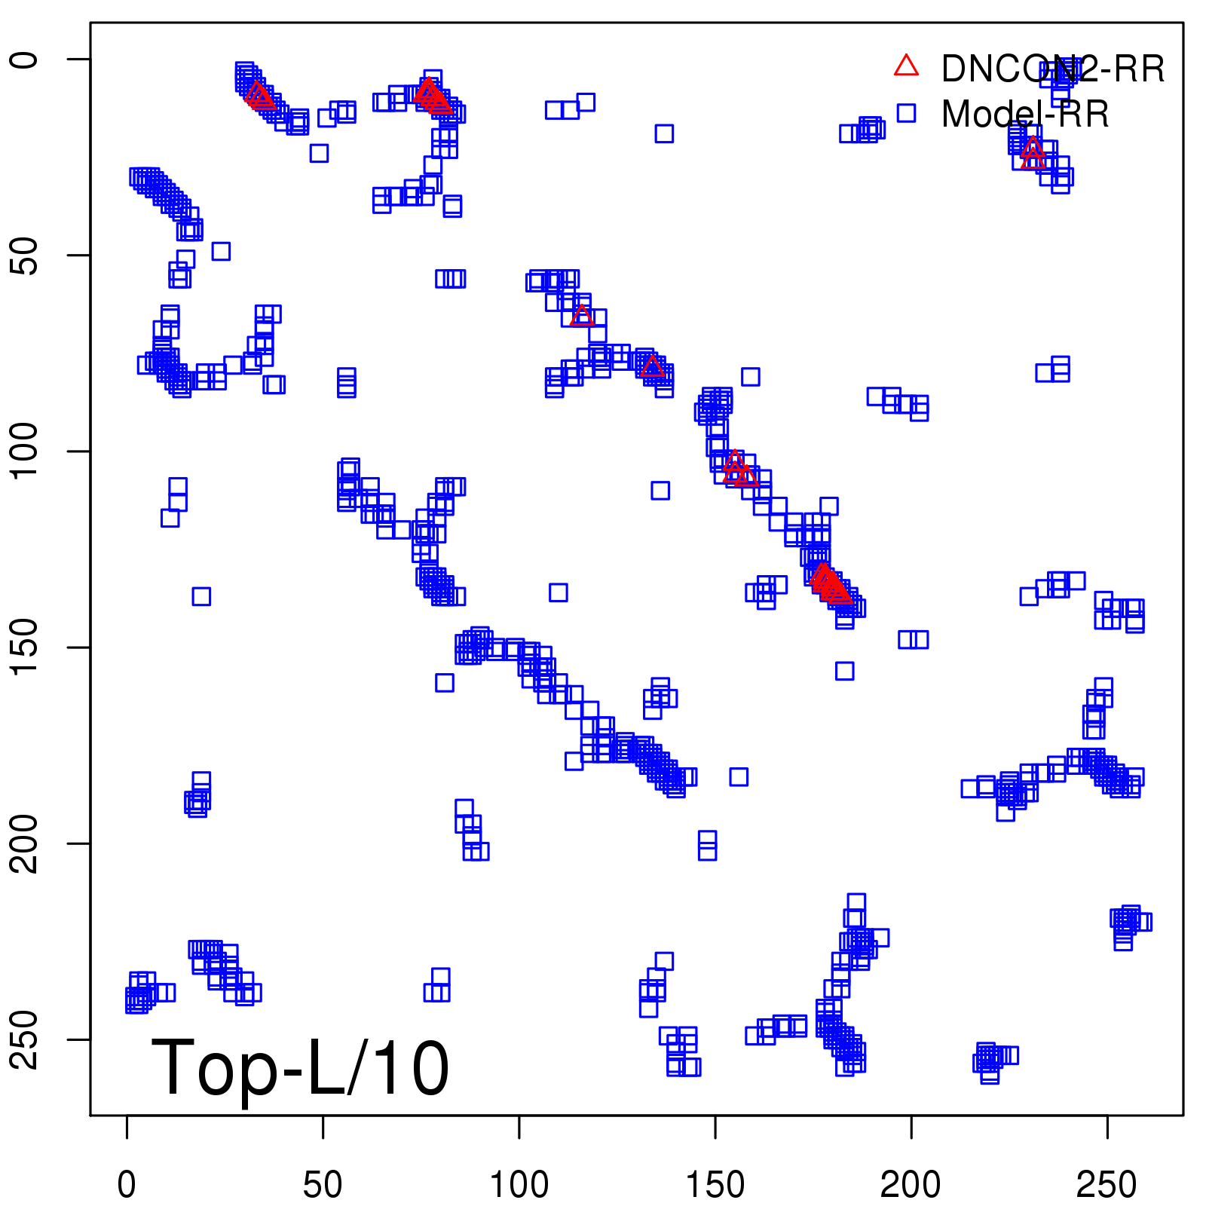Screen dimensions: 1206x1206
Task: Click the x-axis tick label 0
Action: (127, 1185)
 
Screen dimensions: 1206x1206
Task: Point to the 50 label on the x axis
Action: (323, 1185)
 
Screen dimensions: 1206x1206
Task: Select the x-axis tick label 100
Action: (519, 1185)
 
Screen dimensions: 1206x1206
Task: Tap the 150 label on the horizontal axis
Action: (715, 1185)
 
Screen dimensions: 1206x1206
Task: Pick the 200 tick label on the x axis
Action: (911, 1185)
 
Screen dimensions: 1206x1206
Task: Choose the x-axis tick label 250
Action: (1107, 1185)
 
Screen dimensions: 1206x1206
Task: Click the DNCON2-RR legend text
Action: (1053, 69)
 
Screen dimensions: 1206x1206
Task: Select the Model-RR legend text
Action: (1025, 114)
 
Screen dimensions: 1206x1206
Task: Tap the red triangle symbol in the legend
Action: (906, 66)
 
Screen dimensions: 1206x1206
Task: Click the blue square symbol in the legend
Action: (906, 113)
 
